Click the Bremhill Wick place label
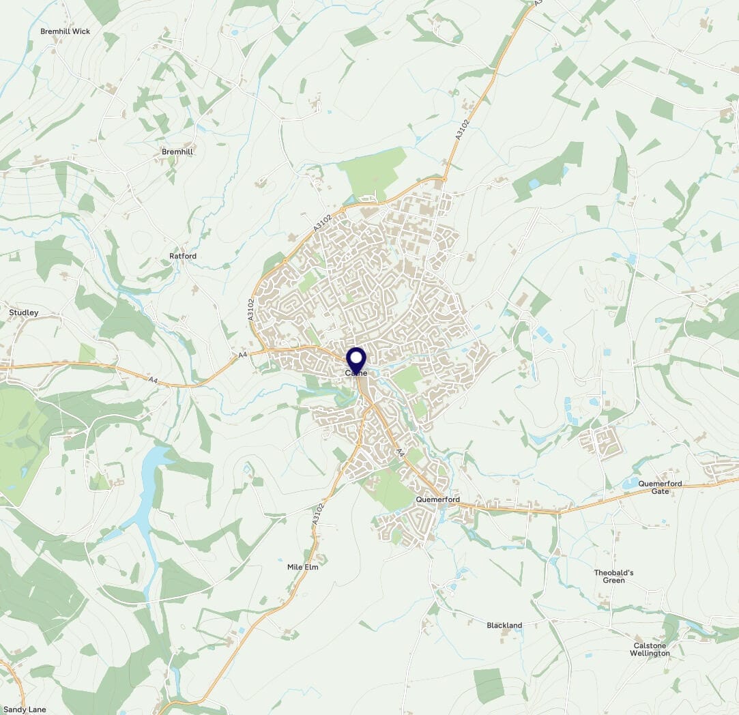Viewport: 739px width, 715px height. [x=65, y=31]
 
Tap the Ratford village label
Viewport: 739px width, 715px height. [x=183, y=256]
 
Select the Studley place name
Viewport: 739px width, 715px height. [x=24, y=312]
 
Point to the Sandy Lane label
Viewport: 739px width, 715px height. [x=25, y=710]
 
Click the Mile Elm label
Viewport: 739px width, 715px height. [x=303, y=566]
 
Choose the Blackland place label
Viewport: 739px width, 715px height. [x=504, y=625]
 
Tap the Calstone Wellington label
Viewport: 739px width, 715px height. [x=650, y=650]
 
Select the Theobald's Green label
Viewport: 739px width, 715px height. [x=613, y=577]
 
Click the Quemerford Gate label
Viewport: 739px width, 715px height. [x=659, y=487]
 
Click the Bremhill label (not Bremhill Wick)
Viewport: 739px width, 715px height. [x=177, y=151]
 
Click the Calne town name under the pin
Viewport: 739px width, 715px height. [x=356, y=373]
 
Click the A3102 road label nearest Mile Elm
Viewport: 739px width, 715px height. [x=317, y=514]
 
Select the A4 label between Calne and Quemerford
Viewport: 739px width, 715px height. [x=401, y=452]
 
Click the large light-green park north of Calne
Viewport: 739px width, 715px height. [x=372, y=173]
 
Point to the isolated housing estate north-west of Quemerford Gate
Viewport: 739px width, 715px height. [x=601, y=441]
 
